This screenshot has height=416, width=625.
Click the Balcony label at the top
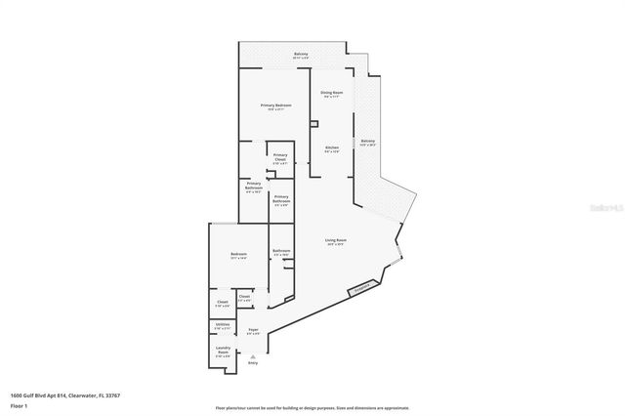301,55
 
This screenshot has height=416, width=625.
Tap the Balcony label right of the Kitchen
367,143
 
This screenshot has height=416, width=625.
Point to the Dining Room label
331,94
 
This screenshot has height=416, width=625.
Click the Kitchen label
331,148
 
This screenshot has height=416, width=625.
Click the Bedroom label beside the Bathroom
238,256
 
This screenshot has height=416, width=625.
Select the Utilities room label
223,325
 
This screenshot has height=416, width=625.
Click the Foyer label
253,332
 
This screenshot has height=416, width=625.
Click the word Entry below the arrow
253,362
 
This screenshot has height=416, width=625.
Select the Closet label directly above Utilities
223,303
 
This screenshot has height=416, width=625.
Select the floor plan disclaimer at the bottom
312,406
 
